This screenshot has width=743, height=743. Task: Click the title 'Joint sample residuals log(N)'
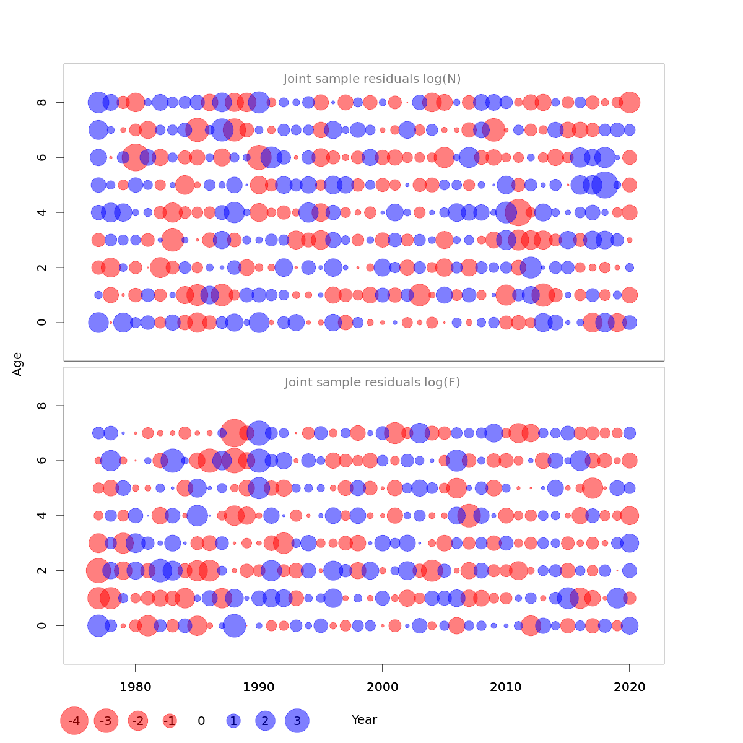[372, 79]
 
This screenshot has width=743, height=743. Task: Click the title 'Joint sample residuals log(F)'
[372, 382]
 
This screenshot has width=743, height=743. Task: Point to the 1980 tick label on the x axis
[135, 687]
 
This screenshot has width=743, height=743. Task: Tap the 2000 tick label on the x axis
[382, 687]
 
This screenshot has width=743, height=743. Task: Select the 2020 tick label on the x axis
[629, 687]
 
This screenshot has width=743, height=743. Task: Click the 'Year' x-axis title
[364, 719]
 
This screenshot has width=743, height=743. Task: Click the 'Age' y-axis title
[17, 364]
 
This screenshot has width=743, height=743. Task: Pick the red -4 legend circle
[74, 721]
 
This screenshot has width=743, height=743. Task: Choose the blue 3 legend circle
[297, 721]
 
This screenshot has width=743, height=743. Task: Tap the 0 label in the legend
[201, 721]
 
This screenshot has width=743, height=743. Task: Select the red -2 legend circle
[137, 721]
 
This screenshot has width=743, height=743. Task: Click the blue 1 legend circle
[233, 721]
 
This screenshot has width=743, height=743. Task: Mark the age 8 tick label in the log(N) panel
[41, 102]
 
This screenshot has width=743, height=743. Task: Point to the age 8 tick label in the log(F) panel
[41, 406]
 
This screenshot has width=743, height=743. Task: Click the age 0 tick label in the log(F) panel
[41, 625]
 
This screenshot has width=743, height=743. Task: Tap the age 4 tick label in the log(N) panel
[41, 212]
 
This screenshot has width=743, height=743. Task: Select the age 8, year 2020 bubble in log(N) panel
[630, 102]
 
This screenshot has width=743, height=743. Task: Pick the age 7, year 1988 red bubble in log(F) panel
[234, 433]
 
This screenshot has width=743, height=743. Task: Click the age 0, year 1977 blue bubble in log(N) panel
[98, 322]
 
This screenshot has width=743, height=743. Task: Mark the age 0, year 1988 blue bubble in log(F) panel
[234, 625]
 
